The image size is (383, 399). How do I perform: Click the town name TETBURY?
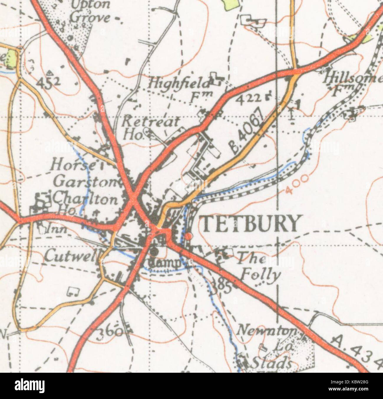tap(249, 223)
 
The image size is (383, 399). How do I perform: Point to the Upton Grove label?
tap(90, 11)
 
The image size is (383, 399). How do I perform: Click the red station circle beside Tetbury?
tap(189, 236)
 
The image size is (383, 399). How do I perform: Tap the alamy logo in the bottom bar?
tap(30, 385)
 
